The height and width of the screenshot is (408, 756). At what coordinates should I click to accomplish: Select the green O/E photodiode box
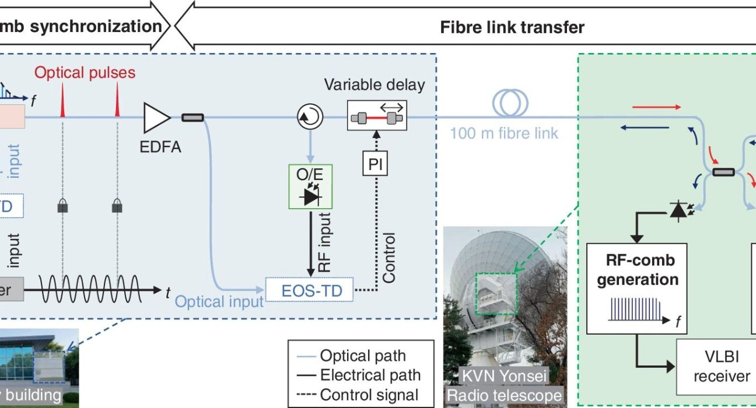click(x=310, y=187)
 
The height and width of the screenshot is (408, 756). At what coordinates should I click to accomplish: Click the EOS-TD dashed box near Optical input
click(x=309, y=290)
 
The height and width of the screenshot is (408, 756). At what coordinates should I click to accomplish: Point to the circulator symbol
click(x=310, y=118)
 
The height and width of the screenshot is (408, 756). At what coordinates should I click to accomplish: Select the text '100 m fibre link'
click(x=503, y=133)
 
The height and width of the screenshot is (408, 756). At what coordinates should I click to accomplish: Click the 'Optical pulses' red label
click(x=85, y=73)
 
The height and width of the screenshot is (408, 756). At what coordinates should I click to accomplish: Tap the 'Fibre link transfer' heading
click(x=512, y=27)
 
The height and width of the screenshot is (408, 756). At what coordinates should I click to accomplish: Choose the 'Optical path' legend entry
click(x=362, y=356)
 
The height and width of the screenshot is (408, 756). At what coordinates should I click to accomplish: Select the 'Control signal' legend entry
click(x=369, y=395)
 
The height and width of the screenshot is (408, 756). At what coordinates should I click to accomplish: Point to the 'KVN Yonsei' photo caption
click(x=505, y=375)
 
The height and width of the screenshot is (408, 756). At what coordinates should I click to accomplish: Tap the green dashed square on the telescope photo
click(x=495, y=291)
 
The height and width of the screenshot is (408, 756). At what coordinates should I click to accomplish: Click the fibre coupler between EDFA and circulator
click(x=192, y=118)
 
